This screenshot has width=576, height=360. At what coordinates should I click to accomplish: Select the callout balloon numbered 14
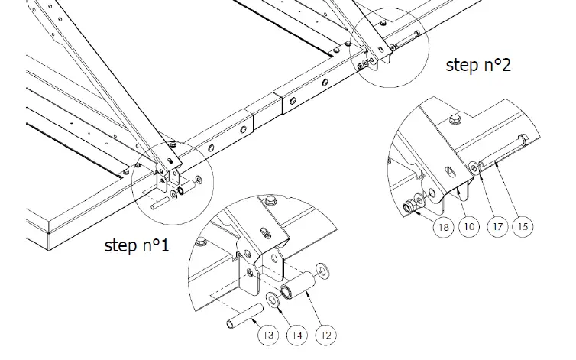click(298, 333)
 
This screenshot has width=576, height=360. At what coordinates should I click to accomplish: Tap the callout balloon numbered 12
click(326, 333)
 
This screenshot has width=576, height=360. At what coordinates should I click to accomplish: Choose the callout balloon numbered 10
click(469, 226)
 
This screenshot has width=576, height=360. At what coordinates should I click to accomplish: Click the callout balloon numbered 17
click(497, 226)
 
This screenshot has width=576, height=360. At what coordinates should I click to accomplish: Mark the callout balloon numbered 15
click(524, 226)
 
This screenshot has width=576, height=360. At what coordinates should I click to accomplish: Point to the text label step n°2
click(478, 65)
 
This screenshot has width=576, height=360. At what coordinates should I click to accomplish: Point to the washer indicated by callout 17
click(474, 167)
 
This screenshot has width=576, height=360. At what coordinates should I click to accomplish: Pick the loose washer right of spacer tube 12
click(321, 268)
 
